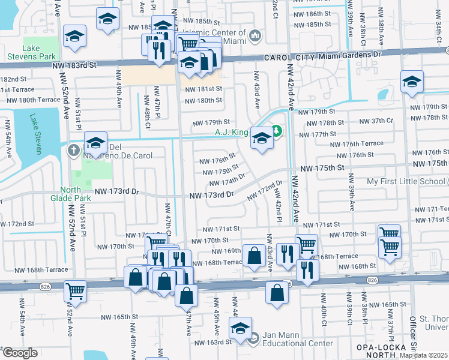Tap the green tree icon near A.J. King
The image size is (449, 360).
pyautogui.click(x=277, y=129)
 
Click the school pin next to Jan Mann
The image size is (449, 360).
pyautogui.click(x=240, y=329)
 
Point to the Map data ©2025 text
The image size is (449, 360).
pyautogui.click(x=423, y=355)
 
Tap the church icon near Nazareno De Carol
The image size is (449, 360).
pyautogui.click(x=74, y=149)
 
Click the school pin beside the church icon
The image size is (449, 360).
pyautogui.click(x=95, y=144)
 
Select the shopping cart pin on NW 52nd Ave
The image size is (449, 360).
pyautogui.click(x=76, y=291)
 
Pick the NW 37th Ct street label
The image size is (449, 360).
pyautogui.click(x=377, y=121)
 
